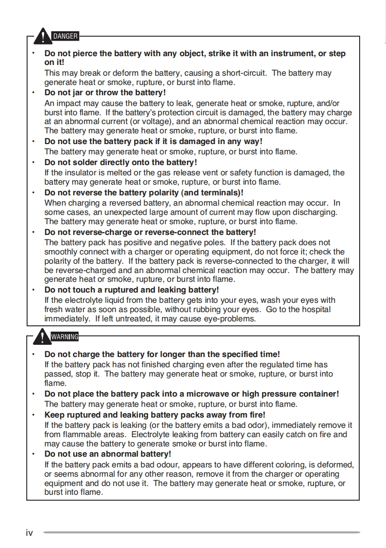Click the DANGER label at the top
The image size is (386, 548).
(x=65, y=36)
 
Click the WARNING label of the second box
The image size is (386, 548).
(x=65, y=336)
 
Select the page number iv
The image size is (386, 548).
(x=29, y=533)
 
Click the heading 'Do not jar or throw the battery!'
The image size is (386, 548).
(x=105, y=92)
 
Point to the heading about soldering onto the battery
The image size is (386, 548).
(x=121, y=162)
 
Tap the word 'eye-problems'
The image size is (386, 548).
(x=232, y=319)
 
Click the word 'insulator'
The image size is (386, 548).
(x=81, y=172)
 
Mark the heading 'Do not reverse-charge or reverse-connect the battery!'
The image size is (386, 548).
(x=150, y=232)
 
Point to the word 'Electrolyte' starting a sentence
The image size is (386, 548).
(x=152, y=434)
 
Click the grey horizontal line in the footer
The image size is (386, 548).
(x=202, y=532)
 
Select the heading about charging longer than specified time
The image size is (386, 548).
(x=162, y=354)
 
